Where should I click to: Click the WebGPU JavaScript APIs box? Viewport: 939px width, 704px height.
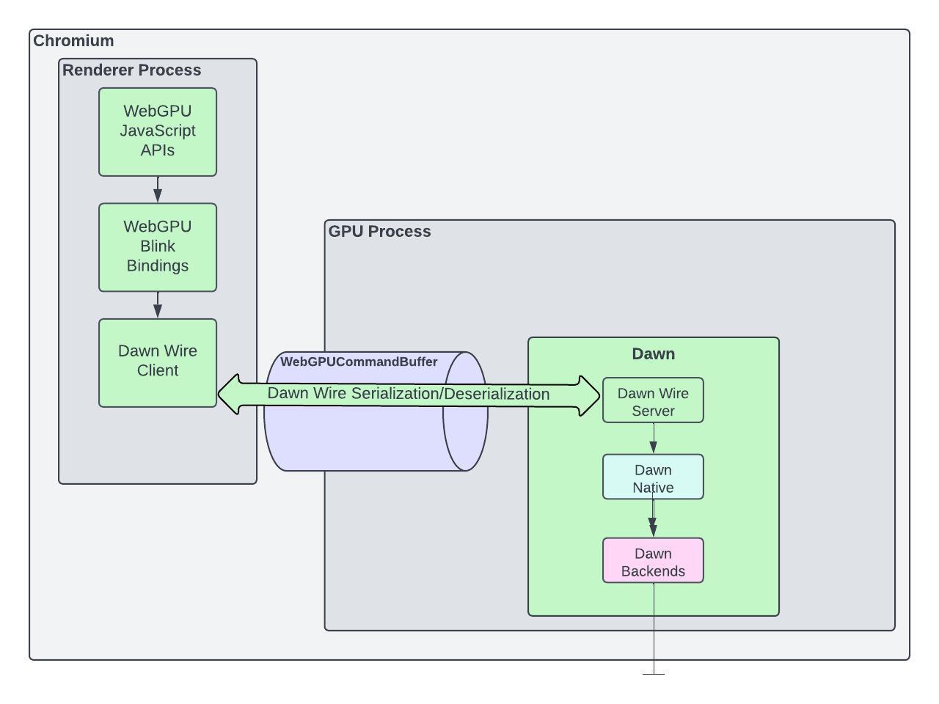click(158, 132)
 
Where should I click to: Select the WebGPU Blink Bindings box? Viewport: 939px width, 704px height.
click(158, 247)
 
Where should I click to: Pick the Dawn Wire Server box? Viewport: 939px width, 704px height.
click(653, 400)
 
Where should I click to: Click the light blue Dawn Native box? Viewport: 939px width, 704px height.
click(653, 477)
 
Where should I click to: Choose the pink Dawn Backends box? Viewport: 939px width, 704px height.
click(653, 561)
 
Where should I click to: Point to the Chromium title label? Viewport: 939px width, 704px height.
click(73, 41)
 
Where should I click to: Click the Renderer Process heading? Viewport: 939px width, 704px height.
click(131, 70)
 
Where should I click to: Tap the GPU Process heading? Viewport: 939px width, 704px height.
click(379, 232)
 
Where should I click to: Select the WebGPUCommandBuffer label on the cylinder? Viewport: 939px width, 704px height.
click(359, 362)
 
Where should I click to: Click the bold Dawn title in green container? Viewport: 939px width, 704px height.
click(653, 354)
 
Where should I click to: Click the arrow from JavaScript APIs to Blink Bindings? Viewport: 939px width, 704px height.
click(158, 190)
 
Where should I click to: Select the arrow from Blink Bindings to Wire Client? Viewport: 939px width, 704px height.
click(158, 305)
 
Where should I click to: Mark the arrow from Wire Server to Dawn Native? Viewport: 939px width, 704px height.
click(654, 439)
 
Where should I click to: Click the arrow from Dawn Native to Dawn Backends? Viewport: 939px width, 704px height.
click(653, 519)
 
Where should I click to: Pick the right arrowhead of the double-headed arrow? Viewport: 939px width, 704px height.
click(590, 396)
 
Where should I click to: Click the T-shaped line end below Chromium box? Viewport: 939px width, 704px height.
click(654, 673)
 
